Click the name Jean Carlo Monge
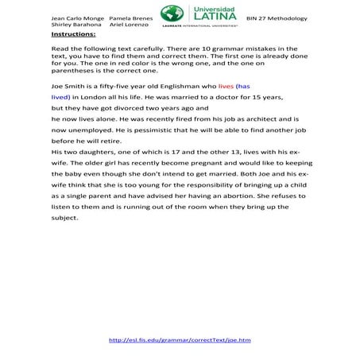tap(77, 17)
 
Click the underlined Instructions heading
tap(73, 35)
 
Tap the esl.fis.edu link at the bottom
tap(180, 339)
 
